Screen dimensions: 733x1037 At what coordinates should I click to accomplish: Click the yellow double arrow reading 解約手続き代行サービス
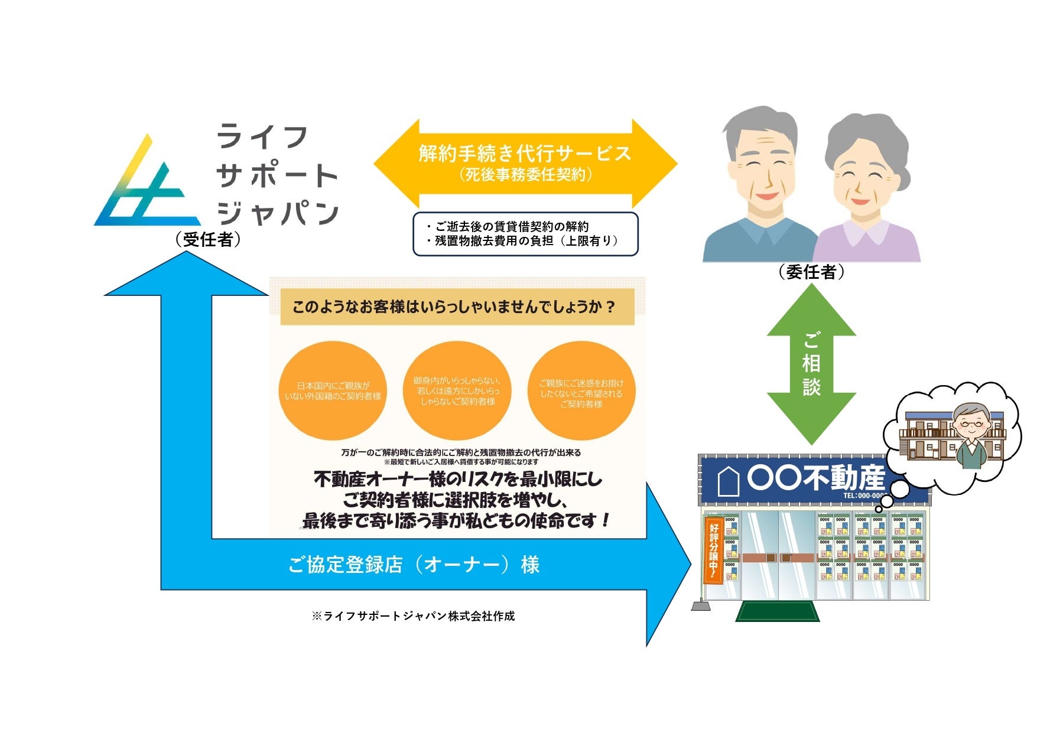click(525, 162)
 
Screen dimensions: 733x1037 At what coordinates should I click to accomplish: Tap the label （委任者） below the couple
click(811, 272)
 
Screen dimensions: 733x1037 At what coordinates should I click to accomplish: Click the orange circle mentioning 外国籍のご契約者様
click(333, 391)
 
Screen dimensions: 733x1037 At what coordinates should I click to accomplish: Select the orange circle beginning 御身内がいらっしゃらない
click(457, 391)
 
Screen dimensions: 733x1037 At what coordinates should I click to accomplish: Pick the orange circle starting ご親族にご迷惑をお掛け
click(581, 391)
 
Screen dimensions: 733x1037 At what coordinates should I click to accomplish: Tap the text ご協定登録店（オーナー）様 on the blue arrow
click(414, 565)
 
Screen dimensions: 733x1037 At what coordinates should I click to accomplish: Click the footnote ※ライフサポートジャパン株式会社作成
click(414, 616)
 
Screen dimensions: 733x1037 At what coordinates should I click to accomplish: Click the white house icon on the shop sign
click(729, 481)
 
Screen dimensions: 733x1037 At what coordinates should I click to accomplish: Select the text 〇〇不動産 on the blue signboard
click(815, 478)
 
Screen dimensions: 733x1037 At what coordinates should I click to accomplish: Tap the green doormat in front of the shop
click(777, 611)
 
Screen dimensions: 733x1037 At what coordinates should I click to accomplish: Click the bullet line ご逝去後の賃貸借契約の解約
click(508, 226)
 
